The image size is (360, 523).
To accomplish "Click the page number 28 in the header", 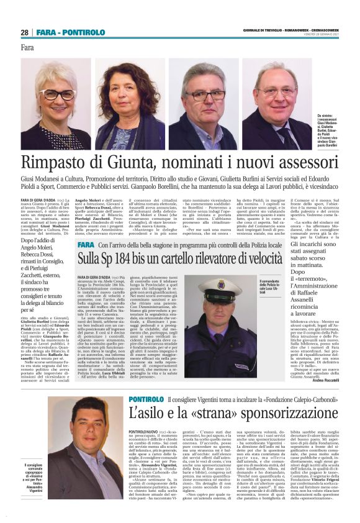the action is (24, 32).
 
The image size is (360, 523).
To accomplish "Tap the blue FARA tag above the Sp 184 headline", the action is (86, 245).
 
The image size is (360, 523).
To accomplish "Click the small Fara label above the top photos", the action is (27, 48).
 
